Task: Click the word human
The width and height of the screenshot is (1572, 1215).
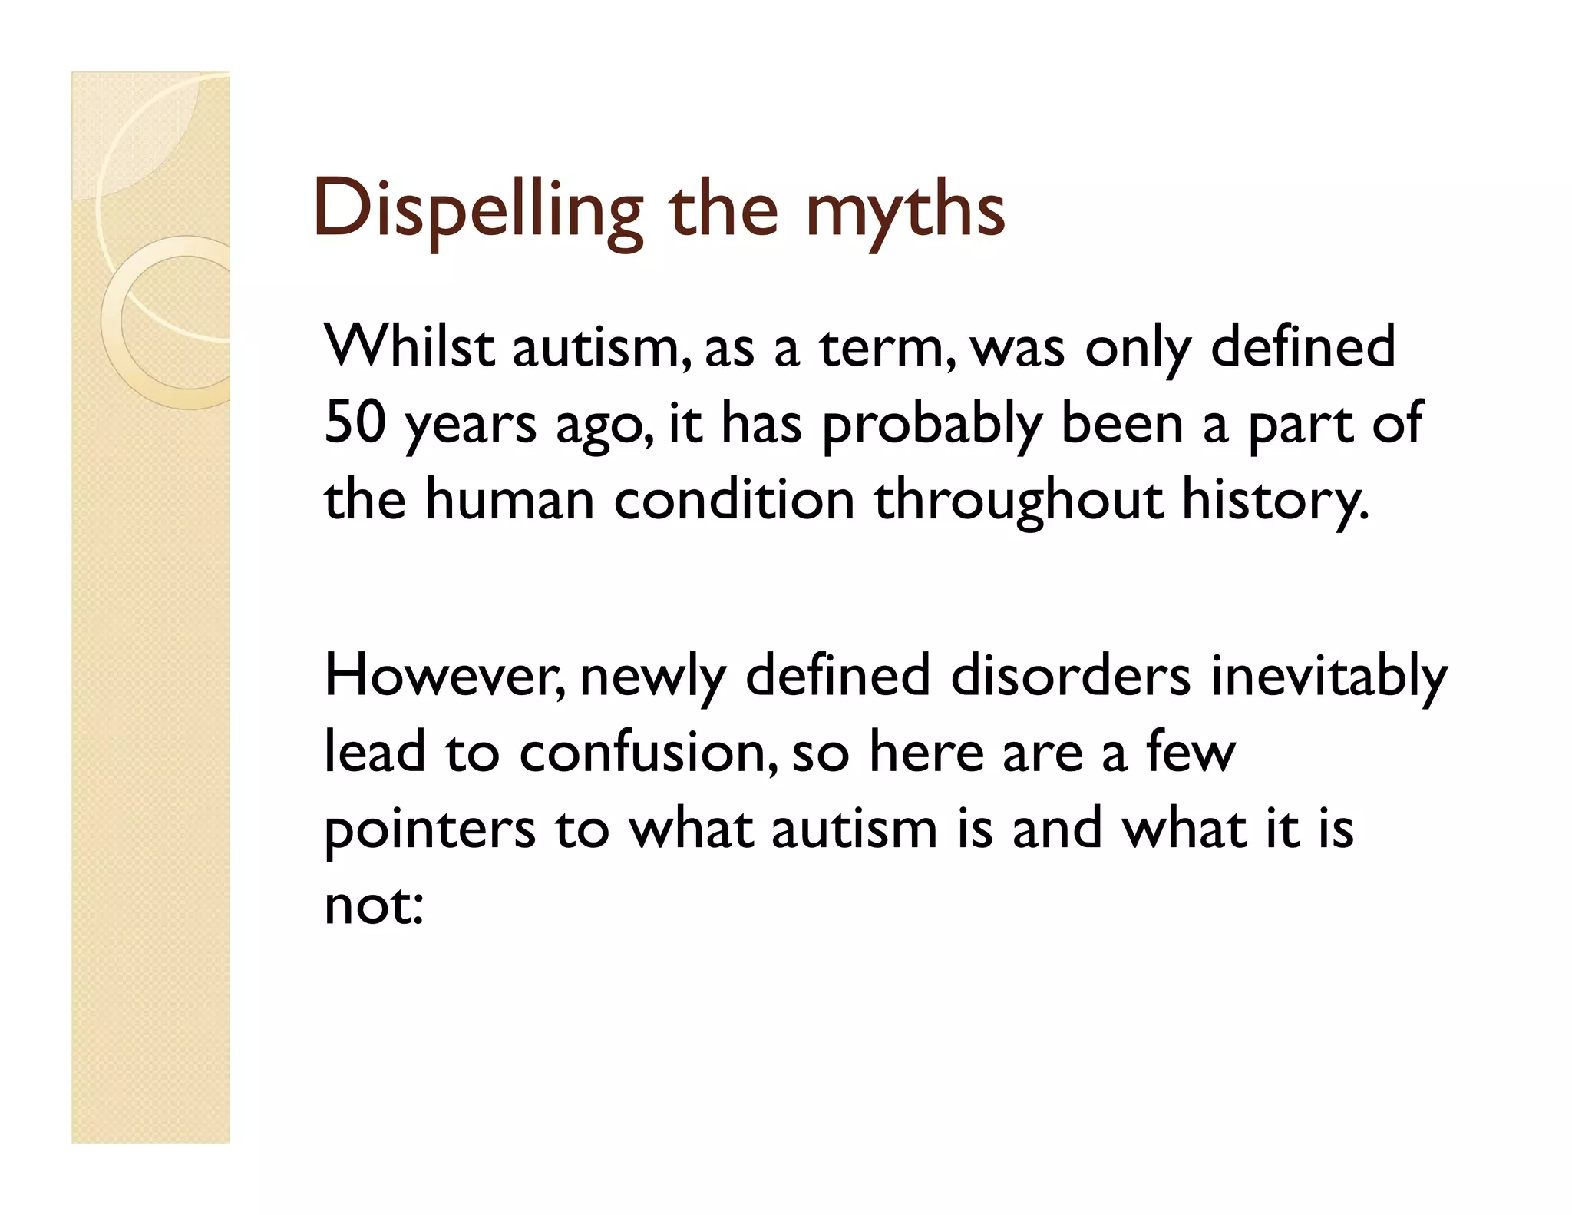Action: coord(510,499)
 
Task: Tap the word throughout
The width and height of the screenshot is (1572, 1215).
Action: coord(1018,499)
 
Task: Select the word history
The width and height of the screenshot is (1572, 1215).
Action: coord(1274,499)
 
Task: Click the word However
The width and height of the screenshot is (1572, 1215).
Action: coord(444,676)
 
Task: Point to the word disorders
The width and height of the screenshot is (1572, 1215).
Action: coord(1071,676)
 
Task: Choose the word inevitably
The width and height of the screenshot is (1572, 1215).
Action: coord(1329,676)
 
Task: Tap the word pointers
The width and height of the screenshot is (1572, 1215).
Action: coord(430,829)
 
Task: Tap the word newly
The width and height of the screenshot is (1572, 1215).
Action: coord(652,676)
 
